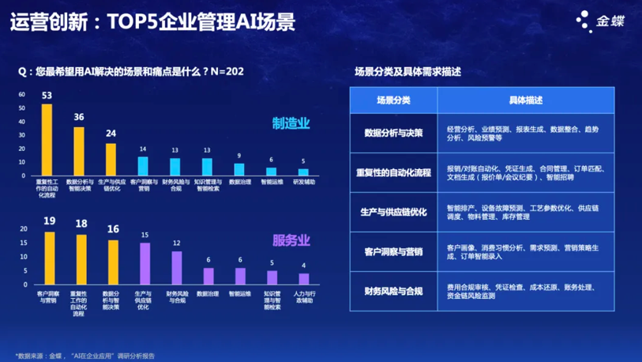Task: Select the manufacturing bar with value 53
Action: pyautogui.click(x=47, y=139)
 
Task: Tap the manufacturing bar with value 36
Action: pyautogui.click(x=79, y=151)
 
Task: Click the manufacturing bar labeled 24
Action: pyautogui.click(x=111, y=159)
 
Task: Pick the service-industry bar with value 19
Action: pyautogui.click(x=50, y=258)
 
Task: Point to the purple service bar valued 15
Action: pyautogui.click(x=145, y=263)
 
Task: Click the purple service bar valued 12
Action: pyautogui.click(x=177, y=267)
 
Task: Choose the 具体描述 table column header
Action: pyautogui.click(x=525, y=100)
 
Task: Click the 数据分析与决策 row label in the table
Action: pyautogui.click(x=393, y=133)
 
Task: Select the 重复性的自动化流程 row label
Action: pyautogui.click(x=393, y=172)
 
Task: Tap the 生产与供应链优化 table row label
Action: pyautogui.click(x=393, y=211)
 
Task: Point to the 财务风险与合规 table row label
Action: pyautogui.click(x=393, y=291)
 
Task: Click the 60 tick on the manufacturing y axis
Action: pyautogui.click(x=23, y=95)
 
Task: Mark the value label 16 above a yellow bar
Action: pyautogui.click(x=113, y=228)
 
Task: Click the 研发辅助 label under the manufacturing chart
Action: pyautogui.click(x=304, y=182)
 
